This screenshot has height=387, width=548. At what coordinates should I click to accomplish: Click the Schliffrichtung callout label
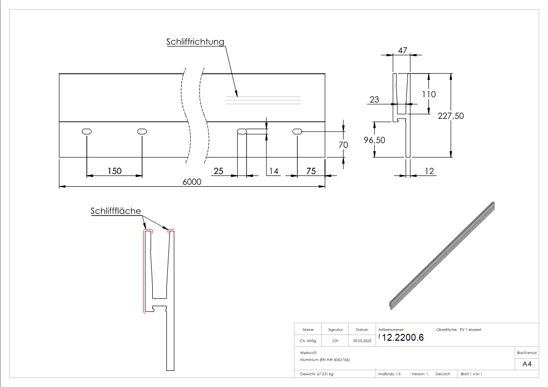pyautogui.click(x=195, y=42)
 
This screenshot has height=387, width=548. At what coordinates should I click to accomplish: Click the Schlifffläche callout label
pyautogui.click(x=116, y=211)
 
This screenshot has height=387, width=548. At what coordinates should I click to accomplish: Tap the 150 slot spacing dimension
pyautogui.click(x=114, y=171)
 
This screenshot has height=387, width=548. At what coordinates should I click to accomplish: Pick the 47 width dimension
pyautogui.click(x=403, y=50)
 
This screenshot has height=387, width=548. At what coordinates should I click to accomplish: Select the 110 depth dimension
pyautogui.click(x=429, y=94)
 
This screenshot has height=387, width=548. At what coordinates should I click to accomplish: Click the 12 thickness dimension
pyautogui.click(x=429, y=171)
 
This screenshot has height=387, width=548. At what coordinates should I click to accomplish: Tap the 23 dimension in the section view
pyautogui.click(x=374, y=99)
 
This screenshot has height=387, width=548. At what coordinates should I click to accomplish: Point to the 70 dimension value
pyautogui.click(x=343, y=145)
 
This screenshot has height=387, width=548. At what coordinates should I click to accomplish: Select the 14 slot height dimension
pyautogui.click(x=273, y=171)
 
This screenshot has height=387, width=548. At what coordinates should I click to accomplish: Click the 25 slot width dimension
pyautogui.click(x=219, y=171)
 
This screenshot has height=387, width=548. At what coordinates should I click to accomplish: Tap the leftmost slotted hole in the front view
pyautogui.click(x=87, y=131)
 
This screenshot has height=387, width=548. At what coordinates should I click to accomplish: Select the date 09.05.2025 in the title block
pyautogui.click(x=362, y=341)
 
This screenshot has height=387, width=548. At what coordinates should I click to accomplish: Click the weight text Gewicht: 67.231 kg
pyautogui.click(x=317, y=374)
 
